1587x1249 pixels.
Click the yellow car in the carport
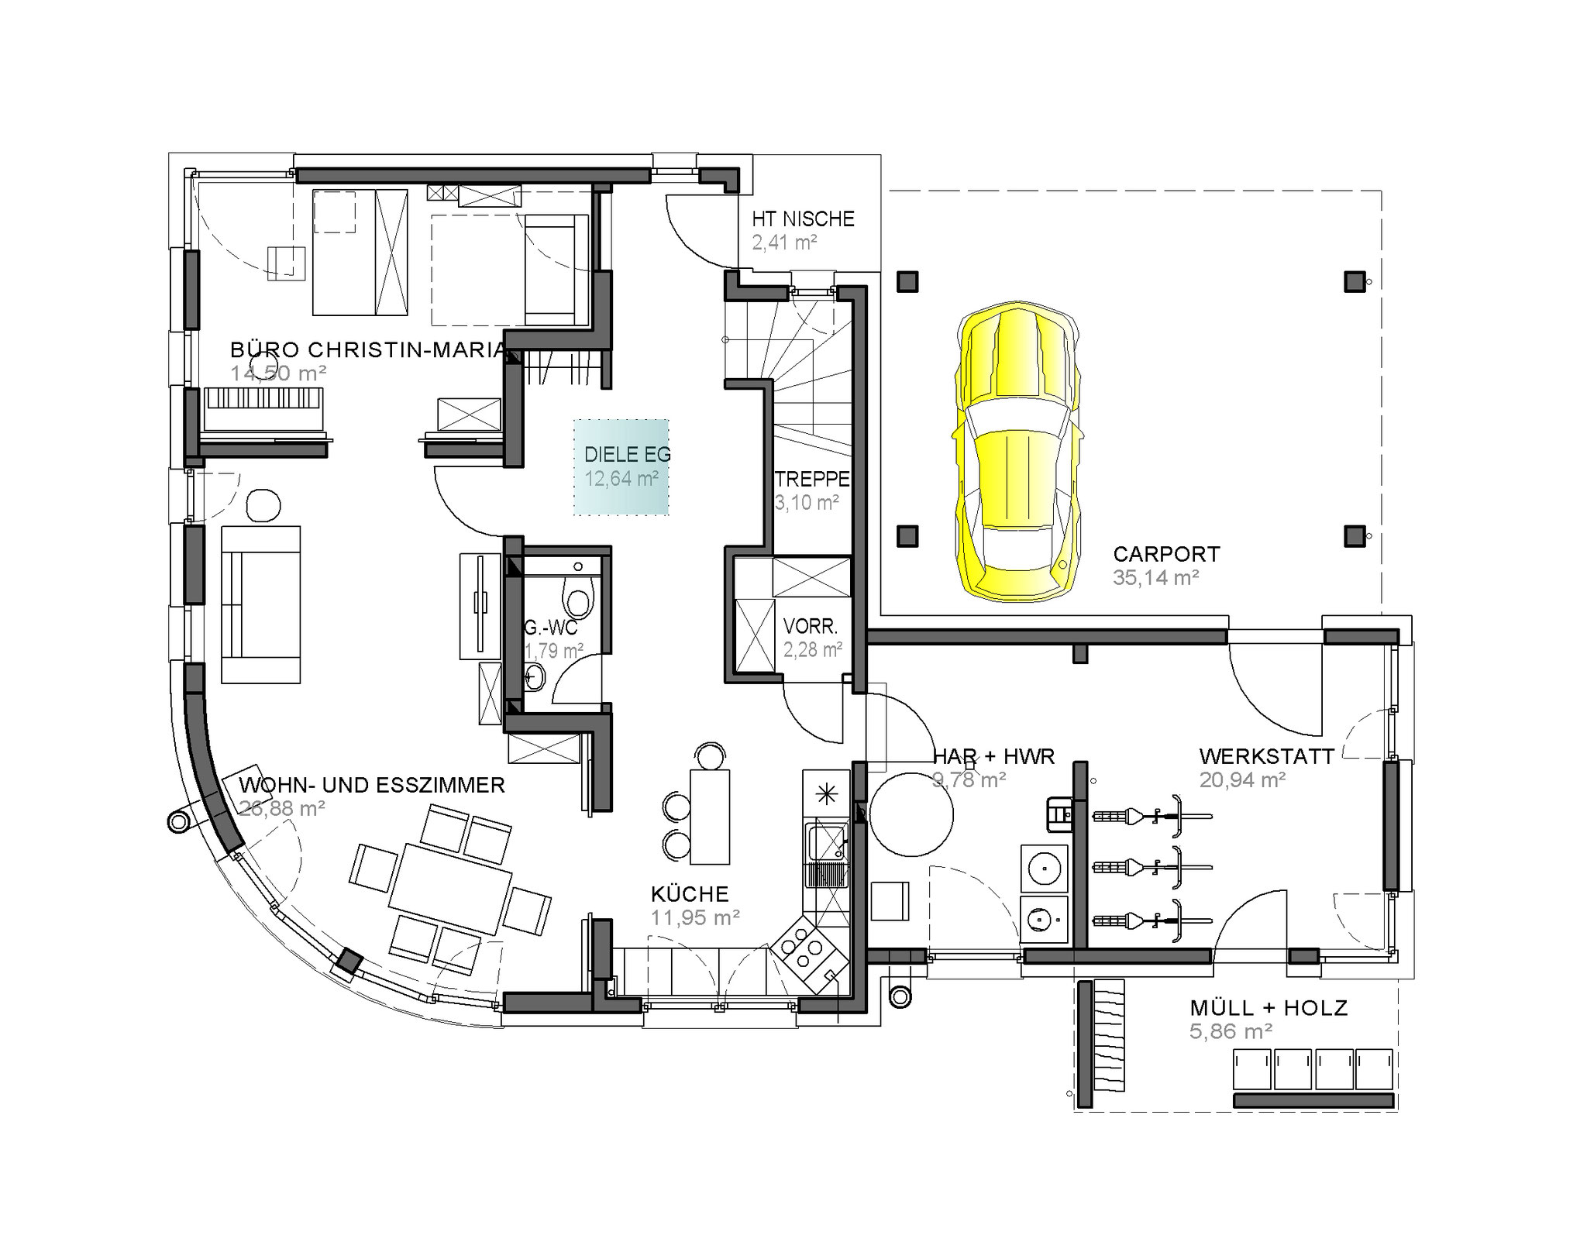[1017, 452]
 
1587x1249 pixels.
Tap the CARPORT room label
[1166, 554]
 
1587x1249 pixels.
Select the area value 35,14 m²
[1156, 577]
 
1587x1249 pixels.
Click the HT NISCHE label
[803, 219]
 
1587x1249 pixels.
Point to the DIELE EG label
[627, 455]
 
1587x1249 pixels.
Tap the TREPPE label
[812, 480]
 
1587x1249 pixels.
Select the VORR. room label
[811, 626]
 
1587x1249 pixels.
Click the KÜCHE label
[690, 894]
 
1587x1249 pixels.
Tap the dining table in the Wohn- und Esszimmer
[449, 888]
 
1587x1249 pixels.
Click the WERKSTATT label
[1267, 756]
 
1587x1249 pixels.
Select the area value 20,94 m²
[1243, 779]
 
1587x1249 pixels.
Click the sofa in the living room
[260, 604]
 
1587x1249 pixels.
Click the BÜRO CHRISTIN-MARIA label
[369, 350]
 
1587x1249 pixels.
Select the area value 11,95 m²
[695, 917]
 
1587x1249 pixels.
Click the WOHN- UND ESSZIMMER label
[372, 786]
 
